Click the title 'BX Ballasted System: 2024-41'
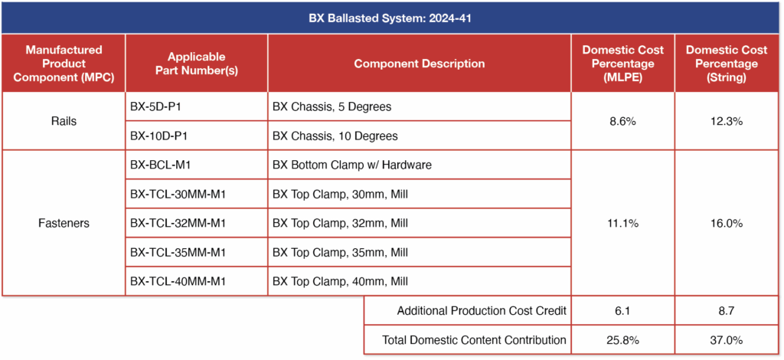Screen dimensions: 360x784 (391, 18)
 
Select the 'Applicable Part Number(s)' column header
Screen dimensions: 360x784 (196, 64)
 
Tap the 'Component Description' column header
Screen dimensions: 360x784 (419, 64)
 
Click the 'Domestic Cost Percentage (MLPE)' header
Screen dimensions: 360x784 (622, 64)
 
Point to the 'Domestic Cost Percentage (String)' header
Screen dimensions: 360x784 (727, 64)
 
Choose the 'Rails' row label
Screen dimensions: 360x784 (64, 121)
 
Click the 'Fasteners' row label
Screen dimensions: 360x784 (64, 223)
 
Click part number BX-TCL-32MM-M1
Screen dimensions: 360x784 (178, 223)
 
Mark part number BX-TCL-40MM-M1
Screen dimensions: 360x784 (178, 281)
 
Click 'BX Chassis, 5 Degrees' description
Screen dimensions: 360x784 (332, 106)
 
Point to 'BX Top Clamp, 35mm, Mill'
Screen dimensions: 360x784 (340, 252)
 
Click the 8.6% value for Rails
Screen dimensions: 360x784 (622, 121)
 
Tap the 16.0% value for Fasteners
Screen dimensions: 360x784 (727, 223)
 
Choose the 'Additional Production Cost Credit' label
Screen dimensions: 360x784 (482, 310)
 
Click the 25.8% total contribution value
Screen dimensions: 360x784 (622, 339)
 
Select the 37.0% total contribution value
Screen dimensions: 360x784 (727, 339)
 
